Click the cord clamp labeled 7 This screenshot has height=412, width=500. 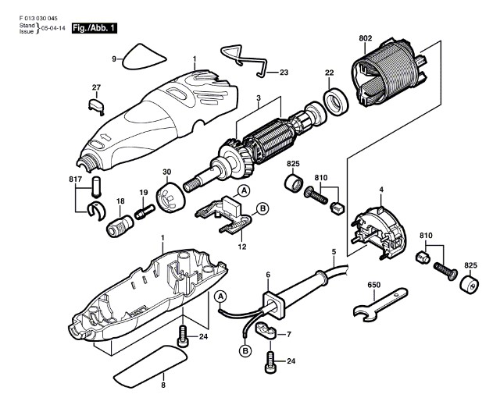coord(263,333)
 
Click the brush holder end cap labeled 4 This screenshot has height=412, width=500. coord(379,232)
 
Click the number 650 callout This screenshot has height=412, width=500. coord(373,286)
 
